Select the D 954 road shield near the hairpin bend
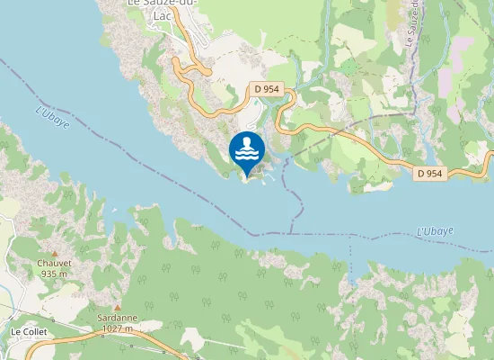(263, 89)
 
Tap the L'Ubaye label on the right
(435, 231)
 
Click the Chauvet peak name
(54, 264)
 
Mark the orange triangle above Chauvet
(54, 254)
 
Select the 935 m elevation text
(54, 274)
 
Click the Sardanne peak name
(116, 319)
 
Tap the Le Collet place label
(29, 332)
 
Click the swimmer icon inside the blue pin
(246, 143)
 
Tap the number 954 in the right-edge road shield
(436, 173)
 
